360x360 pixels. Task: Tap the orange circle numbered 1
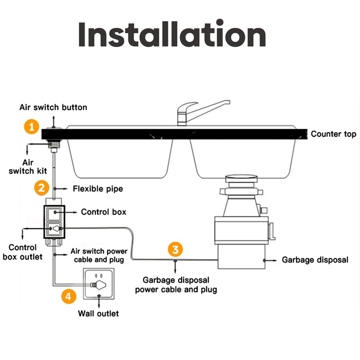[x=31, y=126]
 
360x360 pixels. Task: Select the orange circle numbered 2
[x=41, y=187]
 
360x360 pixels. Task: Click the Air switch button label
[x=53, y=108]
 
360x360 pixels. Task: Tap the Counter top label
[x=333, y=134]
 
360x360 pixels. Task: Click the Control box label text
[x=103, y=211]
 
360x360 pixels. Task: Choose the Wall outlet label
[x=99, y=313]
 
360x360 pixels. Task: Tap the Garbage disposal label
[x=315, y=260]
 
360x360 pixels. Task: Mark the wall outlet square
[x=98, y=283]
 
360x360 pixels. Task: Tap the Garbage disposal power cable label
[x=176, y=284]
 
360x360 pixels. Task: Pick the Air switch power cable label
[x=99, y=255]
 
